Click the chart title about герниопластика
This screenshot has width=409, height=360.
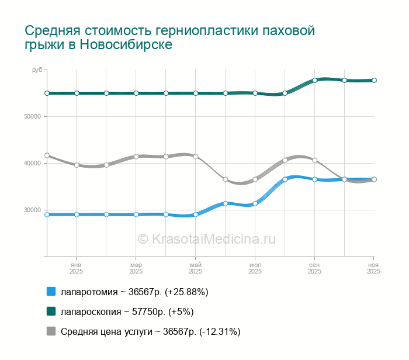[170, 37]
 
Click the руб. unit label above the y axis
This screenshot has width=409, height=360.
[37, 70]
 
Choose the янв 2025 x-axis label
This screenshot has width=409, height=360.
[77, 268]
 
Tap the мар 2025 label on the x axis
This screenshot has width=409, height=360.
[136, 268]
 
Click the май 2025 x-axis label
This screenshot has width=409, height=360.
[196, 268]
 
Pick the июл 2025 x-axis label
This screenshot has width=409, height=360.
[255, 268]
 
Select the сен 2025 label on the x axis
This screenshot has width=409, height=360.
[315, 268]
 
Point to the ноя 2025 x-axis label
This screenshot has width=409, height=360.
[373, 268]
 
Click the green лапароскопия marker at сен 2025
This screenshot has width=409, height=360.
[315, 80]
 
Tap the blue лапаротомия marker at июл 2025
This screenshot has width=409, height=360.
[255, 203]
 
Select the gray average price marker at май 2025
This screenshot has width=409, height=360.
[196, 157]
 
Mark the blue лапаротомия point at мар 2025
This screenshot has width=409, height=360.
[136, 214]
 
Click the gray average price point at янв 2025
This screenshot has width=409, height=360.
[77, 165]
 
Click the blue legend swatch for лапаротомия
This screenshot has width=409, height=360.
[51, 292]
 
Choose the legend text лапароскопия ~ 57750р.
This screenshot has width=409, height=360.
[127, 311]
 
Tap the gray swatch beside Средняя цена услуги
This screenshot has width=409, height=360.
[51, 331]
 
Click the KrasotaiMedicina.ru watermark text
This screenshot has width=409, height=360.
[206, 238]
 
